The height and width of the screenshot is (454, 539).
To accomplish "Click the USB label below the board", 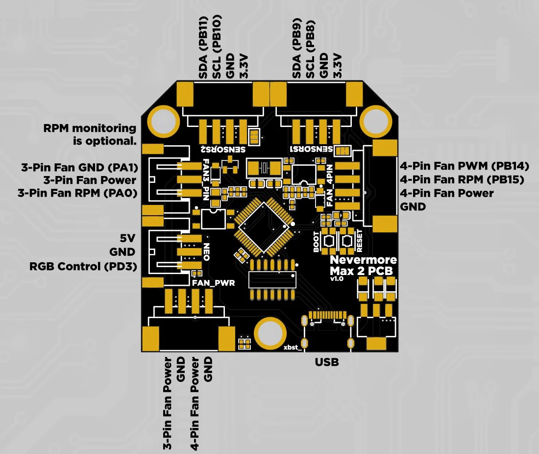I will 327,363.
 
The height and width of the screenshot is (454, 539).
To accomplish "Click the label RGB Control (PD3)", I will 83,267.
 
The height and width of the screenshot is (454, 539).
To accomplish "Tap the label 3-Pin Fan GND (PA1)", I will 78,167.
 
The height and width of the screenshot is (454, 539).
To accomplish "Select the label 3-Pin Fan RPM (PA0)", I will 77,193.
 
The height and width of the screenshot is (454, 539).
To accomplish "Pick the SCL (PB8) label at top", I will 310,49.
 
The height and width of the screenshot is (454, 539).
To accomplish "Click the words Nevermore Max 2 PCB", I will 363,265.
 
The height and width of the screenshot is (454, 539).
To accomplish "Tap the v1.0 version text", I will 337,278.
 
